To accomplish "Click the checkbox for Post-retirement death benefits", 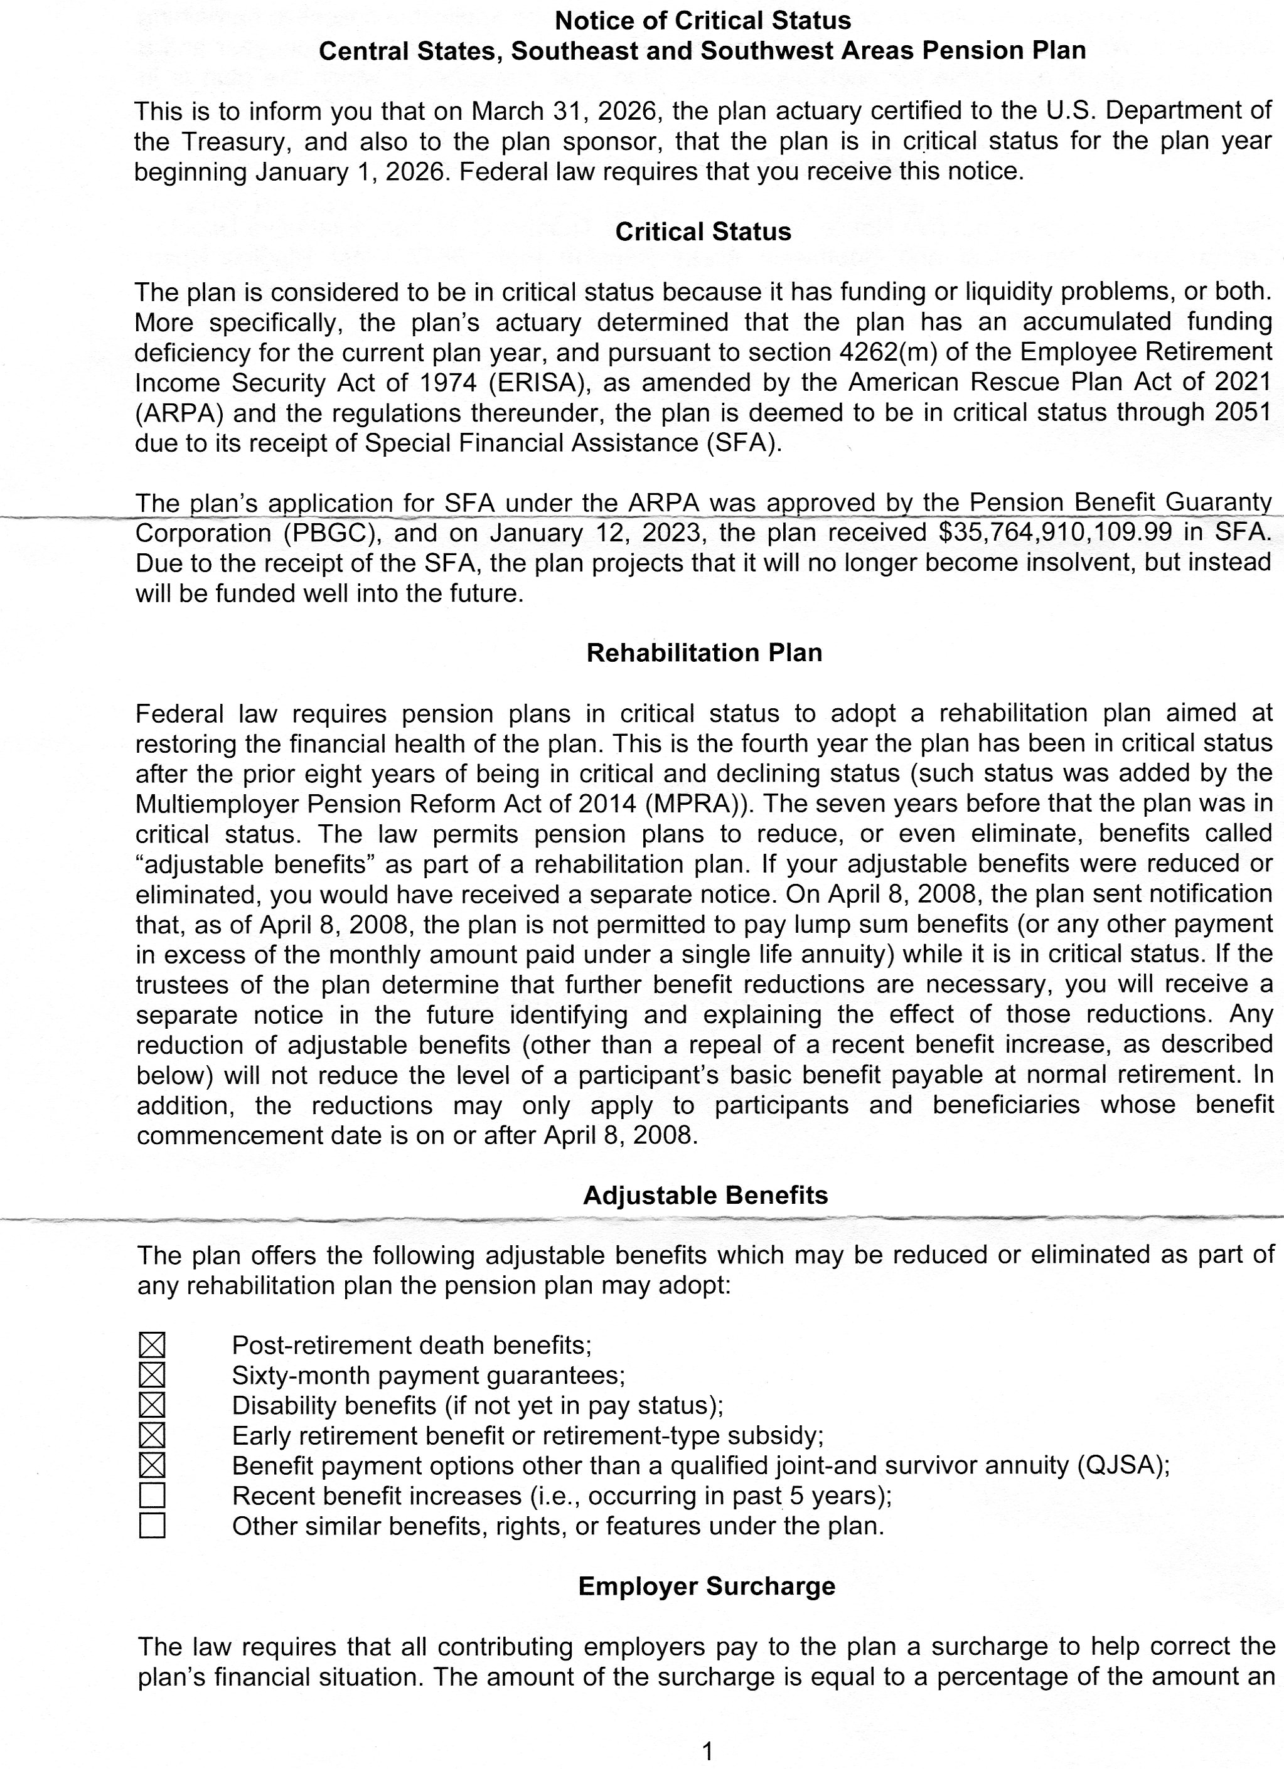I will coord(152,1345).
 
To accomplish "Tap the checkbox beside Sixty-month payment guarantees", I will coord(152,1375).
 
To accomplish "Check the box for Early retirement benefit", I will coord(152,1435).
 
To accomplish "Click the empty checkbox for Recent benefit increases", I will coord(152,1495).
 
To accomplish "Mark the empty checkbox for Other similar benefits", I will coord(152,1526).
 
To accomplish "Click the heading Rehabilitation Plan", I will coord(704,653).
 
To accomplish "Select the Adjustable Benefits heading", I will coord(705,1196).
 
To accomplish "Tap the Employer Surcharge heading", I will coord(706,1586).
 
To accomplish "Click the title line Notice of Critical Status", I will coord(703,20).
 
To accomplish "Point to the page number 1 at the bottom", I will coord(707,1752).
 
